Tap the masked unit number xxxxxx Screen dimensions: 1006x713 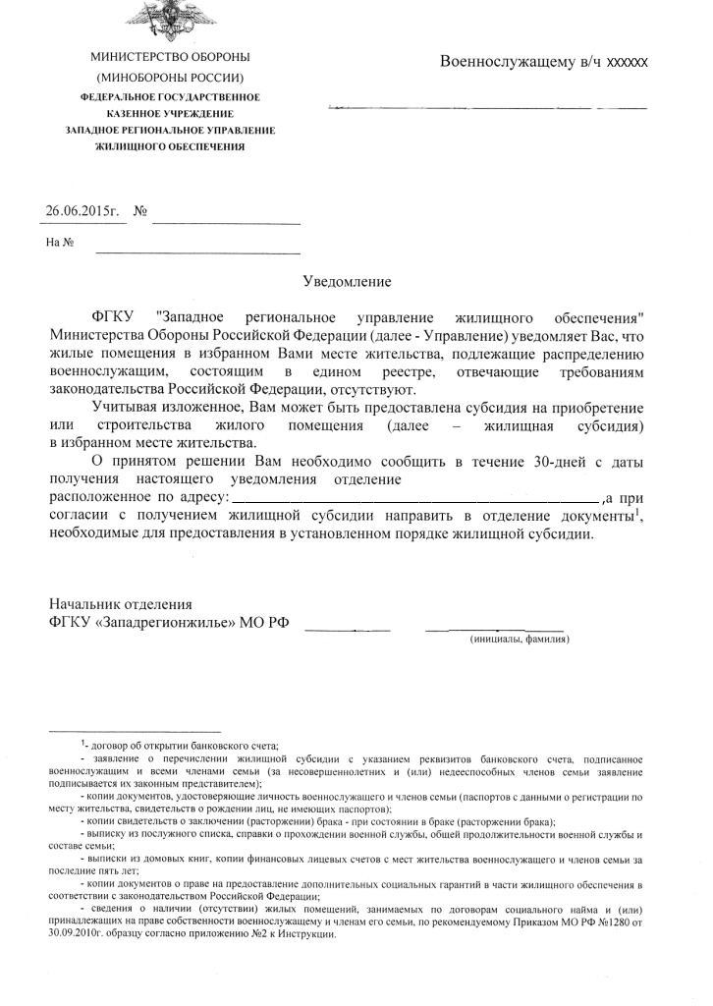coord(628,61)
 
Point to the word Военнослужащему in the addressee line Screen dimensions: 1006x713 coord(499,61)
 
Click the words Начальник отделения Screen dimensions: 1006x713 coord(121,605)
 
